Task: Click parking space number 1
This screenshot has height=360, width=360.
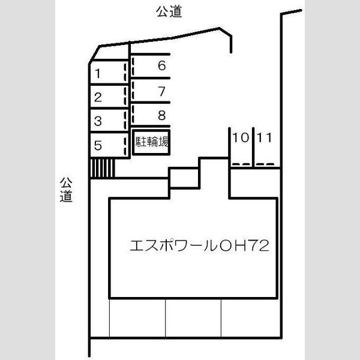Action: [109, 72]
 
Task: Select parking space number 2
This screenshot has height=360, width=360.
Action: [109, 96]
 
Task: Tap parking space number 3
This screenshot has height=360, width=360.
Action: [109, 120]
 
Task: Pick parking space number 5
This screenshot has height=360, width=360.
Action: [109, 145]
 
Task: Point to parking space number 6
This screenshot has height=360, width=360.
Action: [151, 66]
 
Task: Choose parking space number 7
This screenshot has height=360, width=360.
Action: [151, 90]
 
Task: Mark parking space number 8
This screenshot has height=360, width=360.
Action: [151, 115]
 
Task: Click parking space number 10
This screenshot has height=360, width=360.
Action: [241, 148]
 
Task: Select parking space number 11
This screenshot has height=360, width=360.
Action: [267, 148]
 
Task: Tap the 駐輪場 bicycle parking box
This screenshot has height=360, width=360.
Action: [151, 142]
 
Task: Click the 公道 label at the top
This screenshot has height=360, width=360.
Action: [169, 11]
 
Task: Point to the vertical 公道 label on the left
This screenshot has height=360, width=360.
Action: [66, 190]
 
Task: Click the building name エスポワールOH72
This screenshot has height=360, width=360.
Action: [199, 245]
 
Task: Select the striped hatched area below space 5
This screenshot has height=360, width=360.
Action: [103, 168]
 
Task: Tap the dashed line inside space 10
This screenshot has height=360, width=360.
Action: [241, 164]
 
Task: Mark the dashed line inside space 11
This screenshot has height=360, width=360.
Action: [265, 164]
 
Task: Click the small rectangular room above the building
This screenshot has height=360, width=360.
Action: [184, 178]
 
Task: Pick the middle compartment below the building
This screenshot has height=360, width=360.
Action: [193, 318]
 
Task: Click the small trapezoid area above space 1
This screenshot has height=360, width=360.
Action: [110, 53]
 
